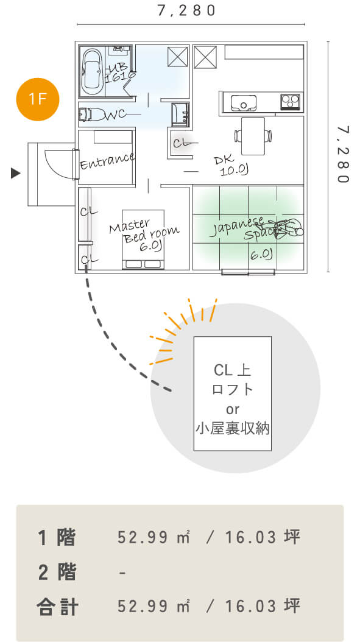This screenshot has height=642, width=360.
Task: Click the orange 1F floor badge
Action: [x=38, y=99]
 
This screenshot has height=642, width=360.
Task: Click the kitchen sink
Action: [x=243, y=102]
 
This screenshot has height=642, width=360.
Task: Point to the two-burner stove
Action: [x=291, y=102]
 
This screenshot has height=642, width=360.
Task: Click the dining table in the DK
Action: [x=253, y=135]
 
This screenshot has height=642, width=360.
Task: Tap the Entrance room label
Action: [x=107, y=161]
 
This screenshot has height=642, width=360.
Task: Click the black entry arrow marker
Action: [x=16, y=173]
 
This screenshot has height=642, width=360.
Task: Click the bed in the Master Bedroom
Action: [x=143, y=239]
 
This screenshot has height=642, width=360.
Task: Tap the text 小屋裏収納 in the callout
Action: [x=232, y=429]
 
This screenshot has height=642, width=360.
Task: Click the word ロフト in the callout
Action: [x=232, y=389]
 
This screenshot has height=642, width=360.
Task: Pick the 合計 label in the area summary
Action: [x=57, y=607]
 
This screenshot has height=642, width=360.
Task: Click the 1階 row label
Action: [x=57, y=537]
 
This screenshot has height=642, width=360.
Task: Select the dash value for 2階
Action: [x=122, y=573]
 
